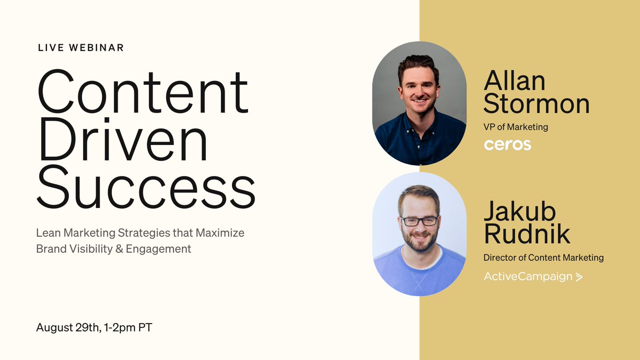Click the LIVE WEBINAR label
coord(81,47)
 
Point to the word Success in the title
coord(146,189)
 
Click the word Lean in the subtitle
coord(47,233)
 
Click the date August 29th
coord(67,327)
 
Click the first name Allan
coord(515,81)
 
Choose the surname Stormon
coord(537,104)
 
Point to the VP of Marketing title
coord(516,127)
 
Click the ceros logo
coord(507,145)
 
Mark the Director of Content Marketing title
coord(543,258)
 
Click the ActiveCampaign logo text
coord(527,276)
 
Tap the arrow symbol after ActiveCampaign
coord(579,276)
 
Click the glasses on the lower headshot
coord(419,220)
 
